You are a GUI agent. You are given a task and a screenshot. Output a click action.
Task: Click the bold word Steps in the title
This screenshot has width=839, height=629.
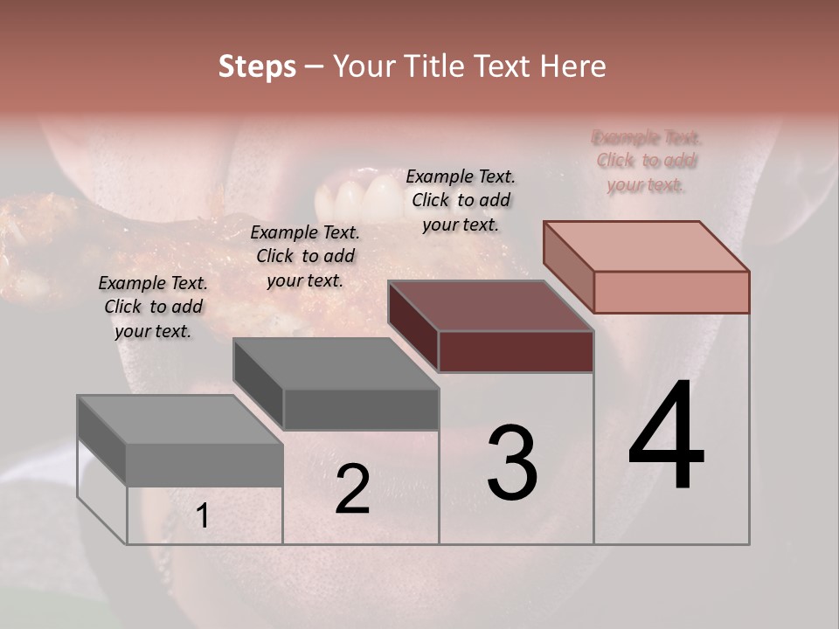point(257,67)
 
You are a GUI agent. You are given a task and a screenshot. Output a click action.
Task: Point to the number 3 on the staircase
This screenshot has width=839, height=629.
point(512,462)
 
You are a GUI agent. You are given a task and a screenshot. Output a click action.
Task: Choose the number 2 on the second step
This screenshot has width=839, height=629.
point(352,489)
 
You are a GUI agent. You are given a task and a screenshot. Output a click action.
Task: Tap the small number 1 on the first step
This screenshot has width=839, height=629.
point(202,516)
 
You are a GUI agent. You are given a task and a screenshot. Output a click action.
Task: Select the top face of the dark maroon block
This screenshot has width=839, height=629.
point(491,306)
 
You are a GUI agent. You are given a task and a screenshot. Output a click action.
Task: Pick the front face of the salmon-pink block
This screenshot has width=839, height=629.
point(671,292)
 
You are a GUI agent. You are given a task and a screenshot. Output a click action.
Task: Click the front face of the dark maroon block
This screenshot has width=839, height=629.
point(516,351)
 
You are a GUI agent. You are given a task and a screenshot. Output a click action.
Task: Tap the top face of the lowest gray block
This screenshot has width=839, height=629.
point(180,419)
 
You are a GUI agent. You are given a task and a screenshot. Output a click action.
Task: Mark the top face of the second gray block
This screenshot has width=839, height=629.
point(336,363)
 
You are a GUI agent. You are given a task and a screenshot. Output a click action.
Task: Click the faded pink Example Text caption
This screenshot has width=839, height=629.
point(647,161)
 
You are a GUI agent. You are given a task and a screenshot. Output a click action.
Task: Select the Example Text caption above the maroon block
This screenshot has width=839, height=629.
point(461,200)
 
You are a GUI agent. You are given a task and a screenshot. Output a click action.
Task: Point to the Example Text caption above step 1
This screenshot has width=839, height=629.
point(153,307)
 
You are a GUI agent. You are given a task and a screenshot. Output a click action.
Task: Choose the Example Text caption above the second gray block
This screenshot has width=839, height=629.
point(304,256)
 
